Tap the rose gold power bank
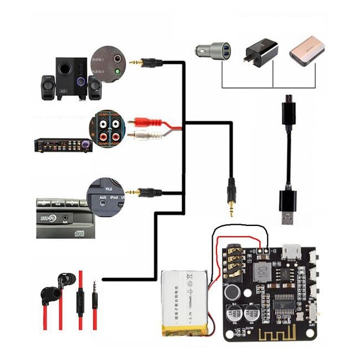306,51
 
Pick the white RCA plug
143,135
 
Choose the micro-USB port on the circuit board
291,252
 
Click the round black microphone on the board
233,292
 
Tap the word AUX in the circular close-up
102,197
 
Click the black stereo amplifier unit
60,146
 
